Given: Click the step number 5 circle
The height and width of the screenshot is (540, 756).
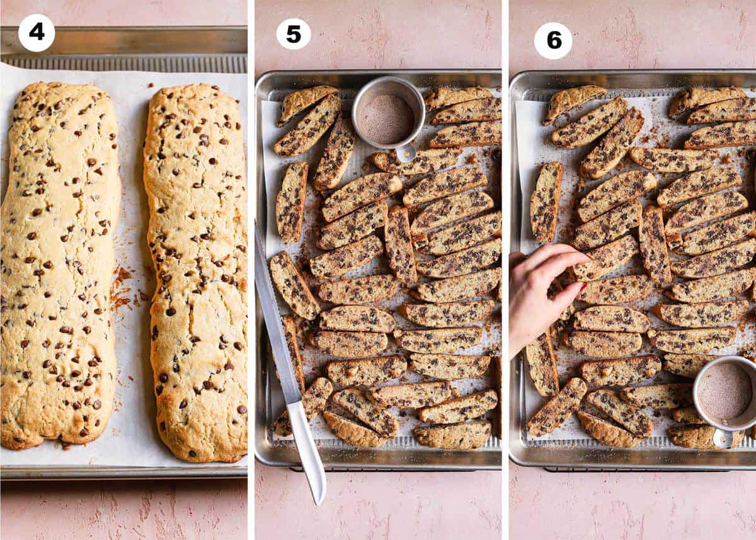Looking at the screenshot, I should pos(294,34).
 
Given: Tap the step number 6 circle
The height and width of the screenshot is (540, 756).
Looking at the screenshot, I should pos(553,40).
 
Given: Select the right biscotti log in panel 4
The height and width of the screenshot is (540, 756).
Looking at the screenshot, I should pos(197,271).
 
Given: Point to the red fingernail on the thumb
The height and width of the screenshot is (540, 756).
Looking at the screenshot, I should pos(580,289).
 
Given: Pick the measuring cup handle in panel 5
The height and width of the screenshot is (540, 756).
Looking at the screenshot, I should pos(406,152).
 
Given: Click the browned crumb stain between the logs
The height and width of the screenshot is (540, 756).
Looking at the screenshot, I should pos(121,287).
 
